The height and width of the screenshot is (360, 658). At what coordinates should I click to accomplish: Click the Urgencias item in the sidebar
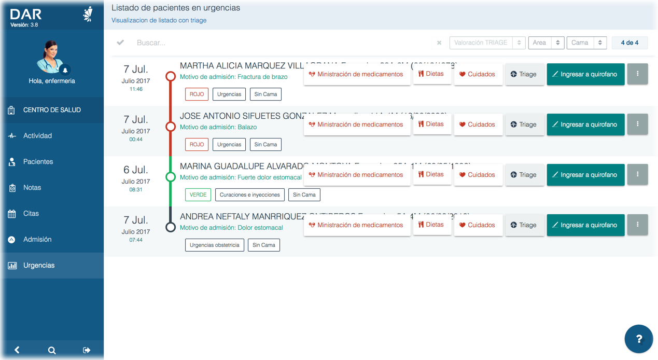tap(39, 266)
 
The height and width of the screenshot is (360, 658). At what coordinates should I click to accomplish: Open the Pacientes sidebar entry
tap(38, 162)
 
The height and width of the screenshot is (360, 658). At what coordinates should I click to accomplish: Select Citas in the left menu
tap(31, 214)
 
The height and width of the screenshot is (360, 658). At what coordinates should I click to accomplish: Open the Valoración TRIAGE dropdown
tap(487, 43)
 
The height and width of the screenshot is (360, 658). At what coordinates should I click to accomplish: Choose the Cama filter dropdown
tap(586, 43)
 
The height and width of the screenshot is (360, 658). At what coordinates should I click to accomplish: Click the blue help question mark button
tap(639, 339)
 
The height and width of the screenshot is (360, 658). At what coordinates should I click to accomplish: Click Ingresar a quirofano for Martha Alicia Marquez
tap(585, 74)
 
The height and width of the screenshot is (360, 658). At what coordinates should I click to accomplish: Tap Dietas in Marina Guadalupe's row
tap(431, 175)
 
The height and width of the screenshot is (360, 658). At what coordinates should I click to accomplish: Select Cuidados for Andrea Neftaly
tap(478, 225)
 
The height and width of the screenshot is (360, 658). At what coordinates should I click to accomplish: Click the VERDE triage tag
tap(198, 195)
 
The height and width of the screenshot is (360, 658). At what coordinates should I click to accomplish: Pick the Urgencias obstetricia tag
tap(215, 245)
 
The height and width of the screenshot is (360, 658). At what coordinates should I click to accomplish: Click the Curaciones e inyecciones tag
tap(250, 195)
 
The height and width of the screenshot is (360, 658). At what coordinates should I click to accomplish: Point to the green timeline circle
tap(171, 177)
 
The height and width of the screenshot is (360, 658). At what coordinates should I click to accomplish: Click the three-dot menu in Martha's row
tap(637, 74)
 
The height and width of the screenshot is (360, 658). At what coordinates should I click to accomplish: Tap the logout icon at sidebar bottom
tap(87, 350)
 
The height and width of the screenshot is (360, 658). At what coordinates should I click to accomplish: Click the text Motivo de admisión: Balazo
tap(218, 127)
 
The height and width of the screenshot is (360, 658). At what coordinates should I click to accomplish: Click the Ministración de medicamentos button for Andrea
tap(357, 225)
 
